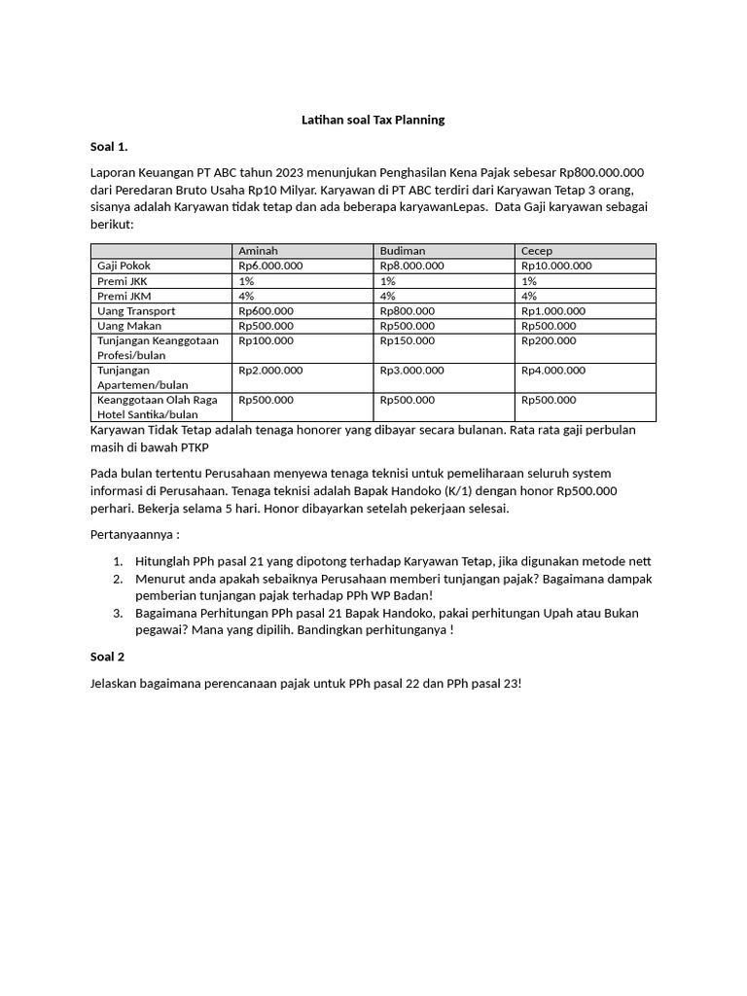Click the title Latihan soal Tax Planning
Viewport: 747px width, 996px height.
372,120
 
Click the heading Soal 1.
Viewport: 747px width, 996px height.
109,147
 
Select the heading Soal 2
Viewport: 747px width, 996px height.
108,657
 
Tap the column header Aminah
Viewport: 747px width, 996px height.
258,251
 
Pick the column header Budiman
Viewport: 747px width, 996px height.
403,251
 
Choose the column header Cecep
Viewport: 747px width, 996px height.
537,251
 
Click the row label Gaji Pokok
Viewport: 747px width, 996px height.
124,266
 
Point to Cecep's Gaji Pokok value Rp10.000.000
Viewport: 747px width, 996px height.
556,266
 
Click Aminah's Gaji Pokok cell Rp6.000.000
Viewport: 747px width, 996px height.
270,266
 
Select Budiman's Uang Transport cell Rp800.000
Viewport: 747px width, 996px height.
408,311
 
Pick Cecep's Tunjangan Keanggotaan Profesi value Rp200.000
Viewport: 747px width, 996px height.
549,341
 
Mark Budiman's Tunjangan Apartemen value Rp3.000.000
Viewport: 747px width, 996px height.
412,371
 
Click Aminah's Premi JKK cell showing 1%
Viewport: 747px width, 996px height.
246,281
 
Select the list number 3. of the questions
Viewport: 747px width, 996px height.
117,613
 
